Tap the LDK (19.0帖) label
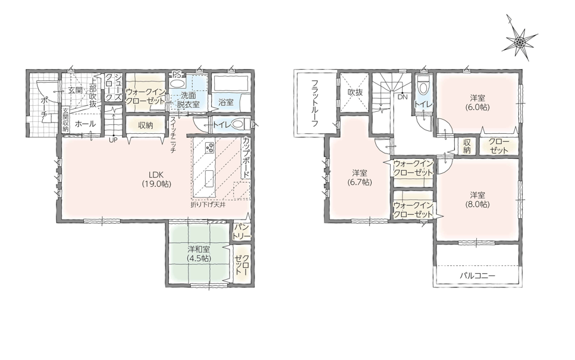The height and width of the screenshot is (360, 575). click(x=156, y=180)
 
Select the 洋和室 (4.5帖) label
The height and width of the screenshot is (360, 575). click(x=199, y=253)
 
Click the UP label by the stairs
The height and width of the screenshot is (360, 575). click(x=113, y=140)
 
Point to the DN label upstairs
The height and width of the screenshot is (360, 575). click(x=403, y=97)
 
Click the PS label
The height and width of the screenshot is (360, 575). click(x=177, y=74)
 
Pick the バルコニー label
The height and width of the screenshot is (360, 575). click(x=477, y=276)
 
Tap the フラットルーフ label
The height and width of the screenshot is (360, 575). click(x=315, y=103)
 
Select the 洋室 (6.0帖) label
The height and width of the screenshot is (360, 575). click(x=477, y=103)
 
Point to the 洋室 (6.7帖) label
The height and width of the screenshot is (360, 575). click(x=359, y=177)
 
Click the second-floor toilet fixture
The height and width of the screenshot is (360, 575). click(x=424, y=86)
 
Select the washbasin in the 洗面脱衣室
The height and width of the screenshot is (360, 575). click(x=177, y=83)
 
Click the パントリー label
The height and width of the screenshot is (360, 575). click(x=241, y=231)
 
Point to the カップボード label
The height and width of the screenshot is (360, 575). click(x=246, y=158)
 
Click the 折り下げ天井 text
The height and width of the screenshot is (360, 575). click(x=208, y=205)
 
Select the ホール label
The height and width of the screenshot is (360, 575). click(x=85, y=124)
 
